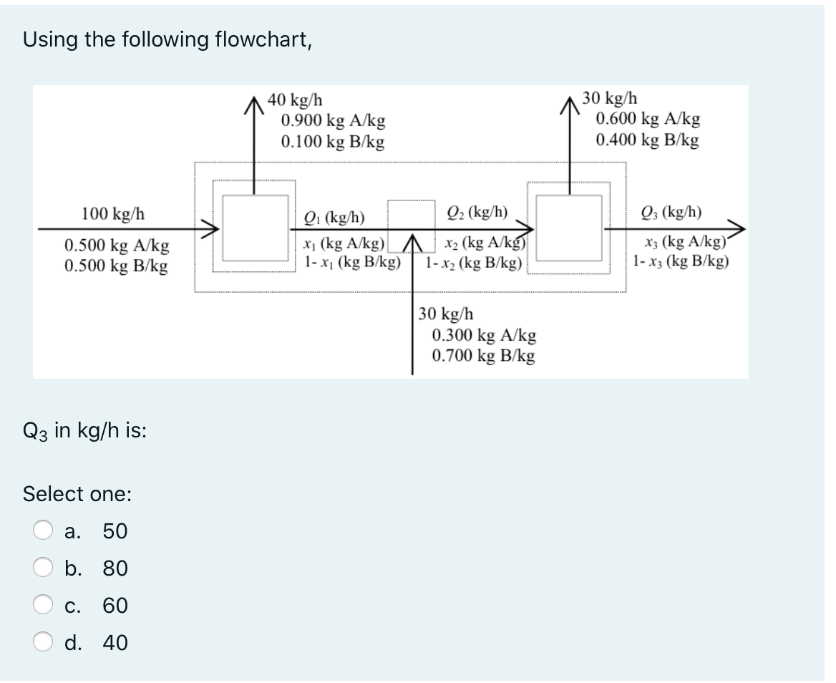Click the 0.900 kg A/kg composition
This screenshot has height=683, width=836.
tap(332, 121)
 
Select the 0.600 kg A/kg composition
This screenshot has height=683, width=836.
tap(648, 120)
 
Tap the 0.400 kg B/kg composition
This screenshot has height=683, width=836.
tap(648, 140)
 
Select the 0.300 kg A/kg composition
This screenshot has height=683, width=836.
tap(484, 334)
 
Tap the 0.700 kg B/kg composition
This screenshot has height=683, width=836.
tap(484, 355)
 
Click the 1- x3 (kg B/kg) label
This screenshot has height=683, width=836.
tap(681, 261)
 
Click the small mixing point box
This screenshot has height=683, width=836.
tap(412, 215)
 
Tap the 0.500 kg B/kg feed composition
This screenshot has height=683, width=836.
tap(117, 266)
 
